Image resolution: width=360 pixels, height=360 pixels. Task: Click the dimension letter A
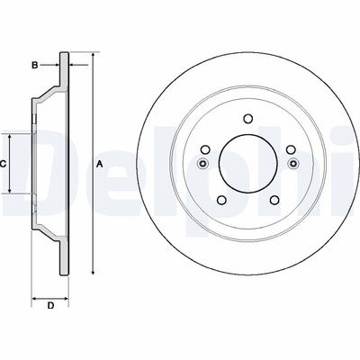pos(99,163)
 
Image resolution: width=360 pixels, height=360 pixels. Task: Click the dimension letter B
pos(34,65)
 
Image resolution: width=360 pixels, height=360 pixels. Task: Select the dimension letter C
pos(4,163)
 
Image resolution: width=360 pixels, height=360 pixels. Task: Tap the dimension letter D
pos(50,307)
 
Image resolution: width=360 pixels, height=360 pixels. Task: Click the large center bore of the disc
pos(246,163)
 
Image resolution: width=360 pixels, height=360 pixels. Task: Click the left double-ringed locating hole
pos(202,164)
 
